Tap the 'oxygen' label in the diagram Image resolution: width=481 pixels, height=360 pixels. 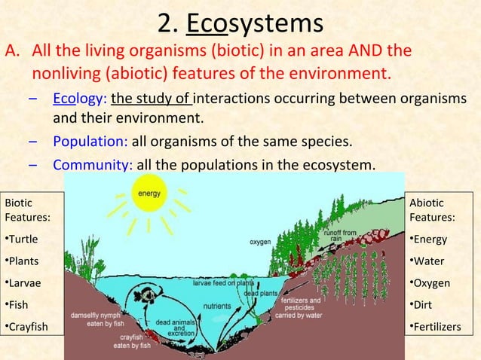(x=262, y=243)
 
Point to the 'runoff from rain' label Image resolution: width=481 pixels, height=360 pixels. (x=340, y=236)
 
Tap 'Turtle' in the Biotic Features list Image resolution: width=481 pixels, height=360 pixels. (x=22, y=239)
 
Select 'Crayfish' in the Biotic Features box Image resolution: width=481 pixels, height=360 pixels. (x=26, y=326)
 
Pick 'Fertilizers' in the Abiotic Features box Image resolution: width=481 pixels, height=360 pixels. (x=436, y=326)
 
